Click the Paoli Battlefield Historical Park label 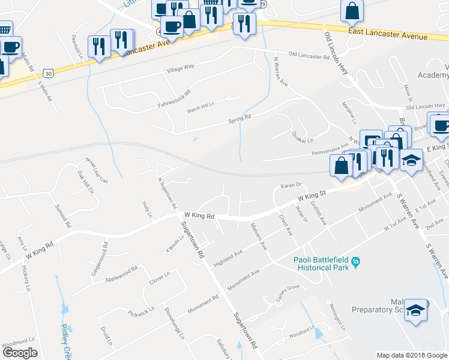(321, 264)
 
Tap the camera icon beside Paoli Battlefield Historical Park (356, 261)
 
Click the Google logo (20, 353)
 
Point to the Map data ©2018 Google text (411, 355)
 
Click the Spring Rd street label (239, 118)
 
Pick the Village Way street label (180, 70)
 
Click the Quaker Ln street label (303, 137)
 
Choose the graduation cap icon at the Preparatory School (415, 310)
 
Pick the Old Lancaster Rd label (309, 56)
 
